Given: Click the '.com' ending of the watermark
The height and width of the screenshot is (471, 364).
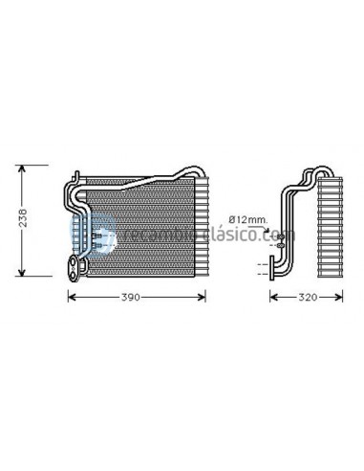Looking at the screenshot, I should [x=282, y=235].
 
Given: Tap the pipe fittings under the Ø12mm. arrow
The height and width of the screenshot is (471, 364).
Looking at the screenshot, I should [x=278, y=245].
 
